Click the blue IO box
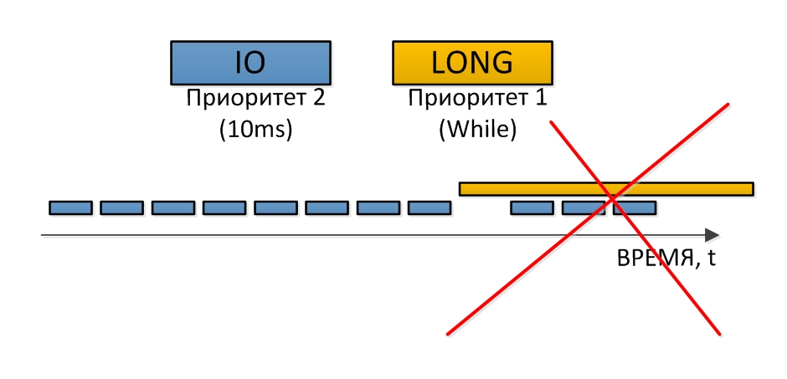[250, 63]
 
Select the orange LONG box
[472, 63]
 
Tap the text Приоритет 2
[255, 99]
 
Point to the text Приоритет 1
[477, 99]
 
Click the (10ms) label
[255, 130]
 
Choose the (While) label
[477, 130]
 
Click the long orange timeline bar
[606, 189]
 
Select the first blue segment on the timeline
[71, 207]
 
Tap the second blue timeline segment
[122, 207]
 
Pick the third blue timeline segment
[173, 207]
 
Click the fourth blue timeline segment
[224, 207]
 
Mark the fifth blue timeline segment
[276, 207]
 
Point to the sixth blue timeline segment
[327, 207]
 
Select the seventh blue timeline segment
[378, 207]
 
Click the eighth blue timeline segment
[430, 207]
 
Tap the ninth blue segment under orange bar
[532, 207]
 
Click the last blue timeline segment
[635, 207]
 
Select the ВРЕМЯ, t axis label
[666, 259]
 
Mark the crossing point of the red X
[612, 199]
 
